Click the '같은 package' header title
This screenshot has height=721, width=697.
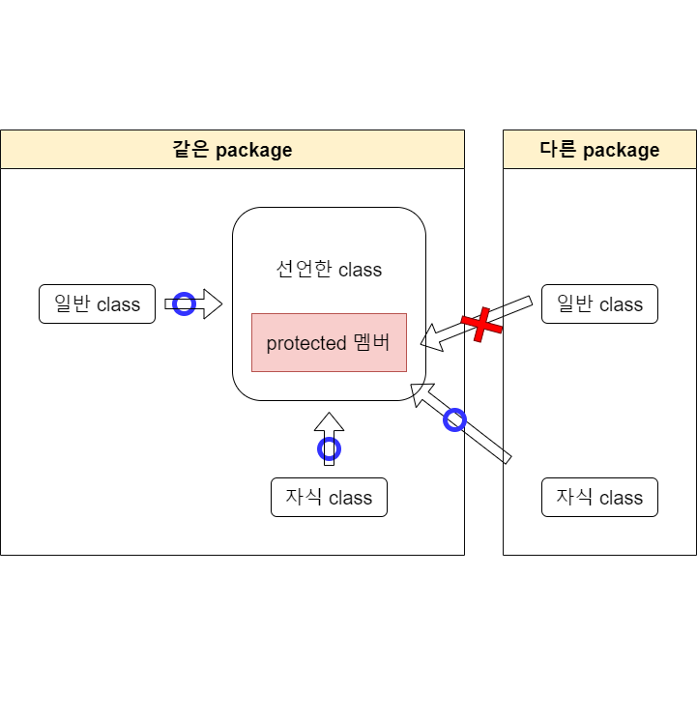click(232, 150)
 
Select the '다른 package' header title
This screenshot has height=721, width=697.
click(599, 150)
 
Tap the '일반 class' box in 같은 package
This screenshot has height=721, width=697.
click(97, 304)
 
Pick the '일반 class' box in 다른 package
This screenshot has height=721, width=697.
click(599, 304)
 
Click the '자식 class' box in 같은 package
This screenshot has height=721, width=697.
click(329, 498)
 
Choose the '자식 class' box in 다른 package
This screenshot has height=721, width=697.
click(599, 498)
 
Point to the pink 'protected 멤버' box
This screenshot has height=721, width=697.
click(329, 343)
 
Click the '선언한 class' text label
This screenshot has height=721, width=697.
click(329, 270)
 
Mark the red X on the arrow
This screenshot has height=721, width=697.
click(481, 325)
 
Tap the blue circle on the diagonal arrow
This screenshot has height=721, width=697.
click(454, 419)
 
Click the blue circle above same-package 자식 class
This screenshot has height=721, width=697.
click(330, 448)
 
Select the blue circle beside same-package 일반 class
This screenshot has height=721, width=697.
click(184, 304)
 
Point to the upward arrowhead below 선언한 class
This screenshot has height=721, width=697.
click(330, 423)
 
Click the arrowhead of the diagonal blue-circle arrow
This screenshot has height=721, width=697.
click(421, 392)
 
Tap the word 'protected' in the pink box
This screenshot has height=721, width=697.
click(305, 343)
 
